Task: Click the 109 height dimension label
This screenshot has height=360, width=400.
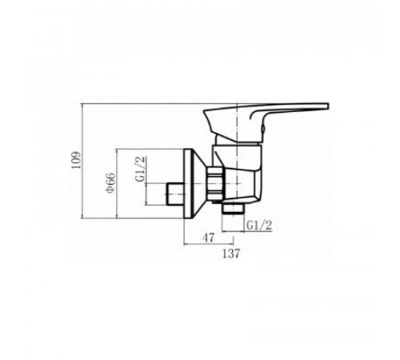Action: tap(76, 160)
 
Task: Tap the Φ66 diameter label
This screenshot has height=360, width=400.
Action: tap(110, 182)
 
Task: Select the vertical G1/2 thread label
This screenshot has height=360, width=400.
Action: tap(141, 169)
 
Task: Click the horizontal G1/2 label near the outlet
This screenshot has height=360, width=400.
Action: tap(259, 226)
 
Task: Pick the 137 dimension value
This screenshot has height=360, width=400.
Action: tap(231, 254)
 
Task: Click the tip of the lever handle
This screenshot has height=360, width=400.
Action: tap(328, 106)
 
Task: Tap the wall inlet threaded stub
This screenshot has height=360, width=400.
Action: tap(175, 194)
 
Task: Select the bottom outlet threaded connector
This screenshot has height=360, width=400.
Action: tap(234, 209)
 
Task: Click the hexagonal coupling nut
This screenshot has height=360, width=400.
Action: tap(215, 183)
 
